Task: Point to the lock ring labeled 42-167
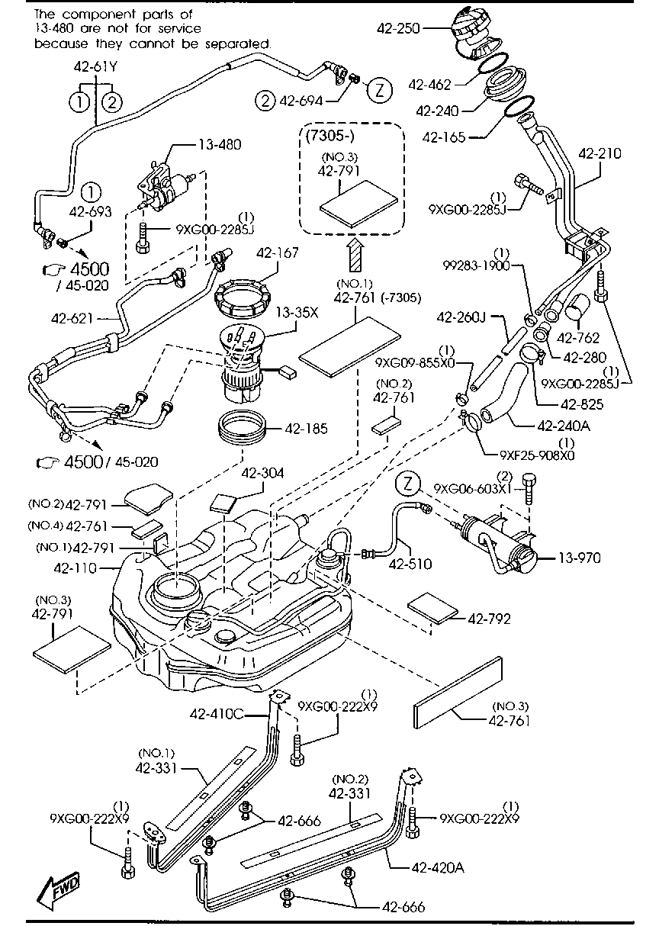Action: coord(240,299)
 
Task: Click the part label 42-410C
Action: coord(216,714)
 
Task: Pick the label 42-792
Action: coord(489,618)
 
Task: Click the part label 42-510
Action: coord(411,564)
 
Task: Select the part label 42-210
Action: coord(600,153)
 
